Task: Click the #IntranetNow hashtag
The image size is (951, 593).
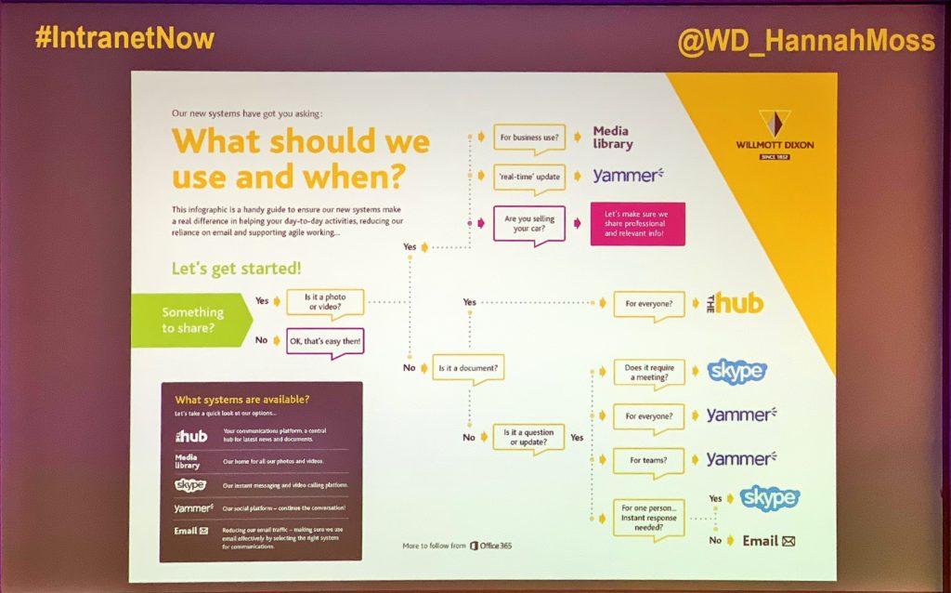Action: [124, 38]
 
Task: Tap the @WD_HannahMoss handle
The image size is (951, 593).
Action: [806, 42]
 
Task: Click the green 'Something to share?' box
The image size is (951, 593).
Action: [190, 320]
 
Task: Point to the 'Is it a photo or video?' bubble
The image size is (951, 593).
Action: [324, 302]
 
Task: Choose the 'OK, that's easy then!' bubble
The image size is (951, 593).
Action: [323, 341]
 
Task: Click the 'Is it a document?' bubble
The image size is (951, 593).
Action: [468, 368]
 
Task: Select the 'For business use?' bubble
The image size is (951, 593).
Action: [528, 138]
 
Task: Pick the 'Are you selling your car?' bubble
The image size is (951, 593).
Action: [528, 223]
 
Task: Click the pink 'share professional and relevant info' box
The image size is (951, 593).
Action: [637, 223]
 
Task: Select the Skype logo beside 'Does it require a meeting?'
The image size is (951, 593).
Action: [737, 371]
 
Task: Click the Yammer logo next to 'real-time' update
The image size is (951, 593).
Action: [632, 175]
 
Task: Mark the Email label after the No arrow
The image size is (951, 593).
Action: [768, 541]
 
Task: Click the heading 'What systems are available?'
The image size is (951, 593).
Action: [241, 400]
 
